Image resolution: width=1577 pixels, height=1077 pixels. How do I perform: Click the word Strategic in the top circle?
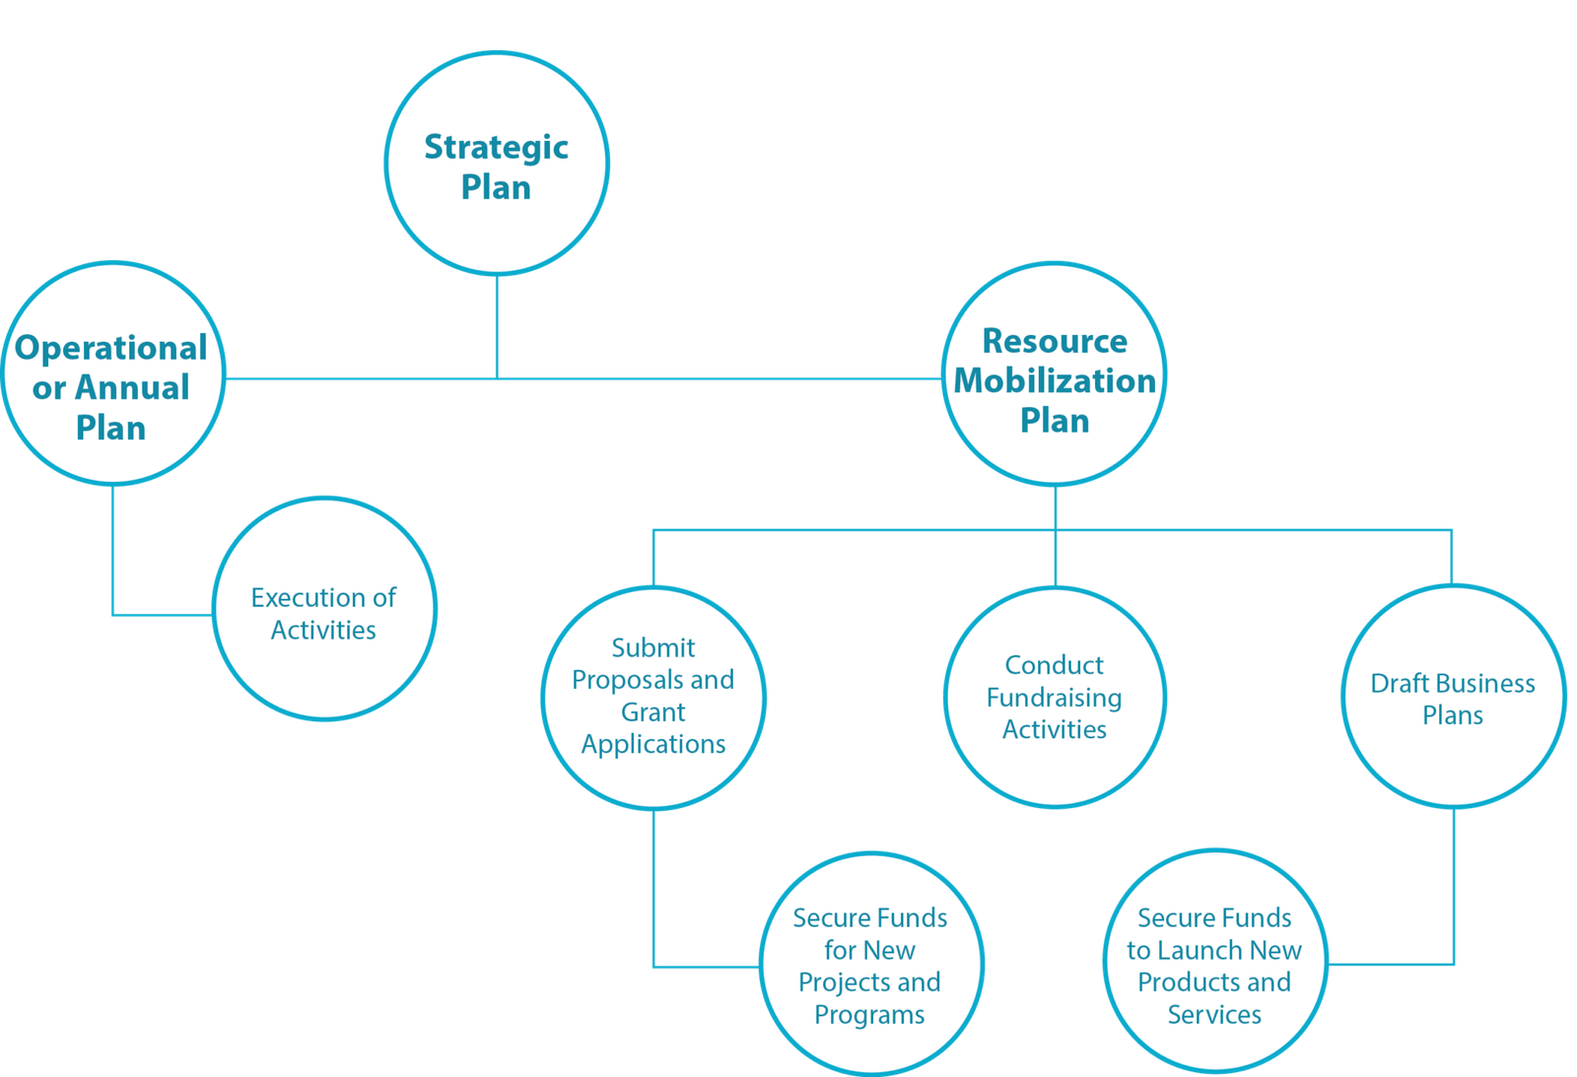(496, 147)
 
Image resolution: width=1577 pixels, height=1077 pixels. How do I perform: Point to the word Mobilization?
(1054, 380)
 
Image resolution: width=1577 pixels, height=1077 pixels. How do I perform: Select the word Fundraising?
(1054, 698)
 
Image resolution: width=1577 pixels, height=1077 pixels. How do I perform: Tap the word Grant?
(652, 711)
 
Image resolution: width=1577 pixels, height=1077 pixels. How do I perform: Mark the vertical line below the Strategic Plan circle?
(496, 325)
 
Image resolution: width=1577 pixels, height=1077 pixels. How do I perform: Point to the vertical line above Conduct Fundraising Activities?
(1055, 558)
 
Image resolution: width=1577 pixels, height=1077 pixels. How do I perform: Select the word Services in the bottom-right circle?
(1214, 1014)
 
